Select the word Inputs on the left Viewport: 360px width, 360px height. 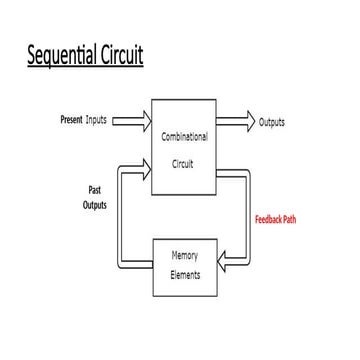pos(97,121)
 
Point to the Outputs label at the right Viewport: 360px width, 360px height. pos(272,122)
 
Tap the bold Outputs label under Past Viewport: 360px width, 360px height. pos(94,205)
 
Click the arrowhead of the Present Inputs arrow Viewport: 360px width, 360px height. pos(145,121)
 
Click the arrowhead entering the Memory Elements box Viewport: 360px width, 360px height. pos(227,262)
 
